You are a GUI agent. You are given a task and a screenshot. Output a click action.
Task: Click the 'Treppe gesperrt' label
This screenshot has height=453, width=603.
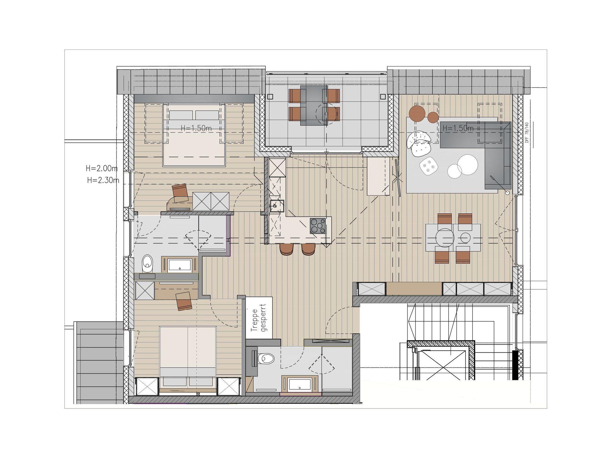[x=259, y=318]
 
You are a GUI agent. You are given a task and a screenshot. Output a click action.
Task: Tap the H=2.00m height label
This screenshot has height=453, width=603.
[x=102, y=168]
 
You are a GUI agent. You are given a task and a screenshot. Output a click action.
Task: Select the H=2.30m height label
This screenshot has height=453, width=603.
[x=103, y=180]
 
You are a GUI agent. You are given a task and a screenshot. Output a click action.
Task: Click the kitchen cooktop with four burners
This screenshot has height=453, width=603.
[x=318, y=226]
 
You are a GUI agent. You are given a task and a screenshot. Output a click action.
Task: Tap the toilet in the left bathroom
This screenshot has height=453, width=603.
[x=147, y=263]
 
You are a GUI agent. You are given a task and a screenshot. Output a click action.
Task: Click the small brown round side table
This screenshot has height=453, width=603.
[x=433, y=117]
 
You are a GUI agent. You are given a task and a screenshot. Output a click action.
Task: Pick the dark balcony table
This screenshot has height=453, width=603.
[x=314, y=105]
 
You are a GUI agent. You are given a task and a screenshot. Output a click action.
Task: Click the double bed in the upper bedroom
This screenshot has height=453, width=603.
[x=194, y=135]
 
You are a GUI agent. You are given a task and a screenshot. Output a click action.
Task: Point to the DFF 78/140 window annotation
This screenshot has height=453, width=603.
[x=527, y=133]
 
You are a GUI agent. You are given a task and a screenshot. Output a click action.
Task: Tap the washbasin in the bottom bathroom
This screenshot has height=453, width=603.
[x=301, y=384]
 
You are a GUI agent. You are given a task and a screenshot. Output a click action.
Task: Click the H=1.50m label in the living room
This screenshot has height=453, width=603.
[x=458, y=128]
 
